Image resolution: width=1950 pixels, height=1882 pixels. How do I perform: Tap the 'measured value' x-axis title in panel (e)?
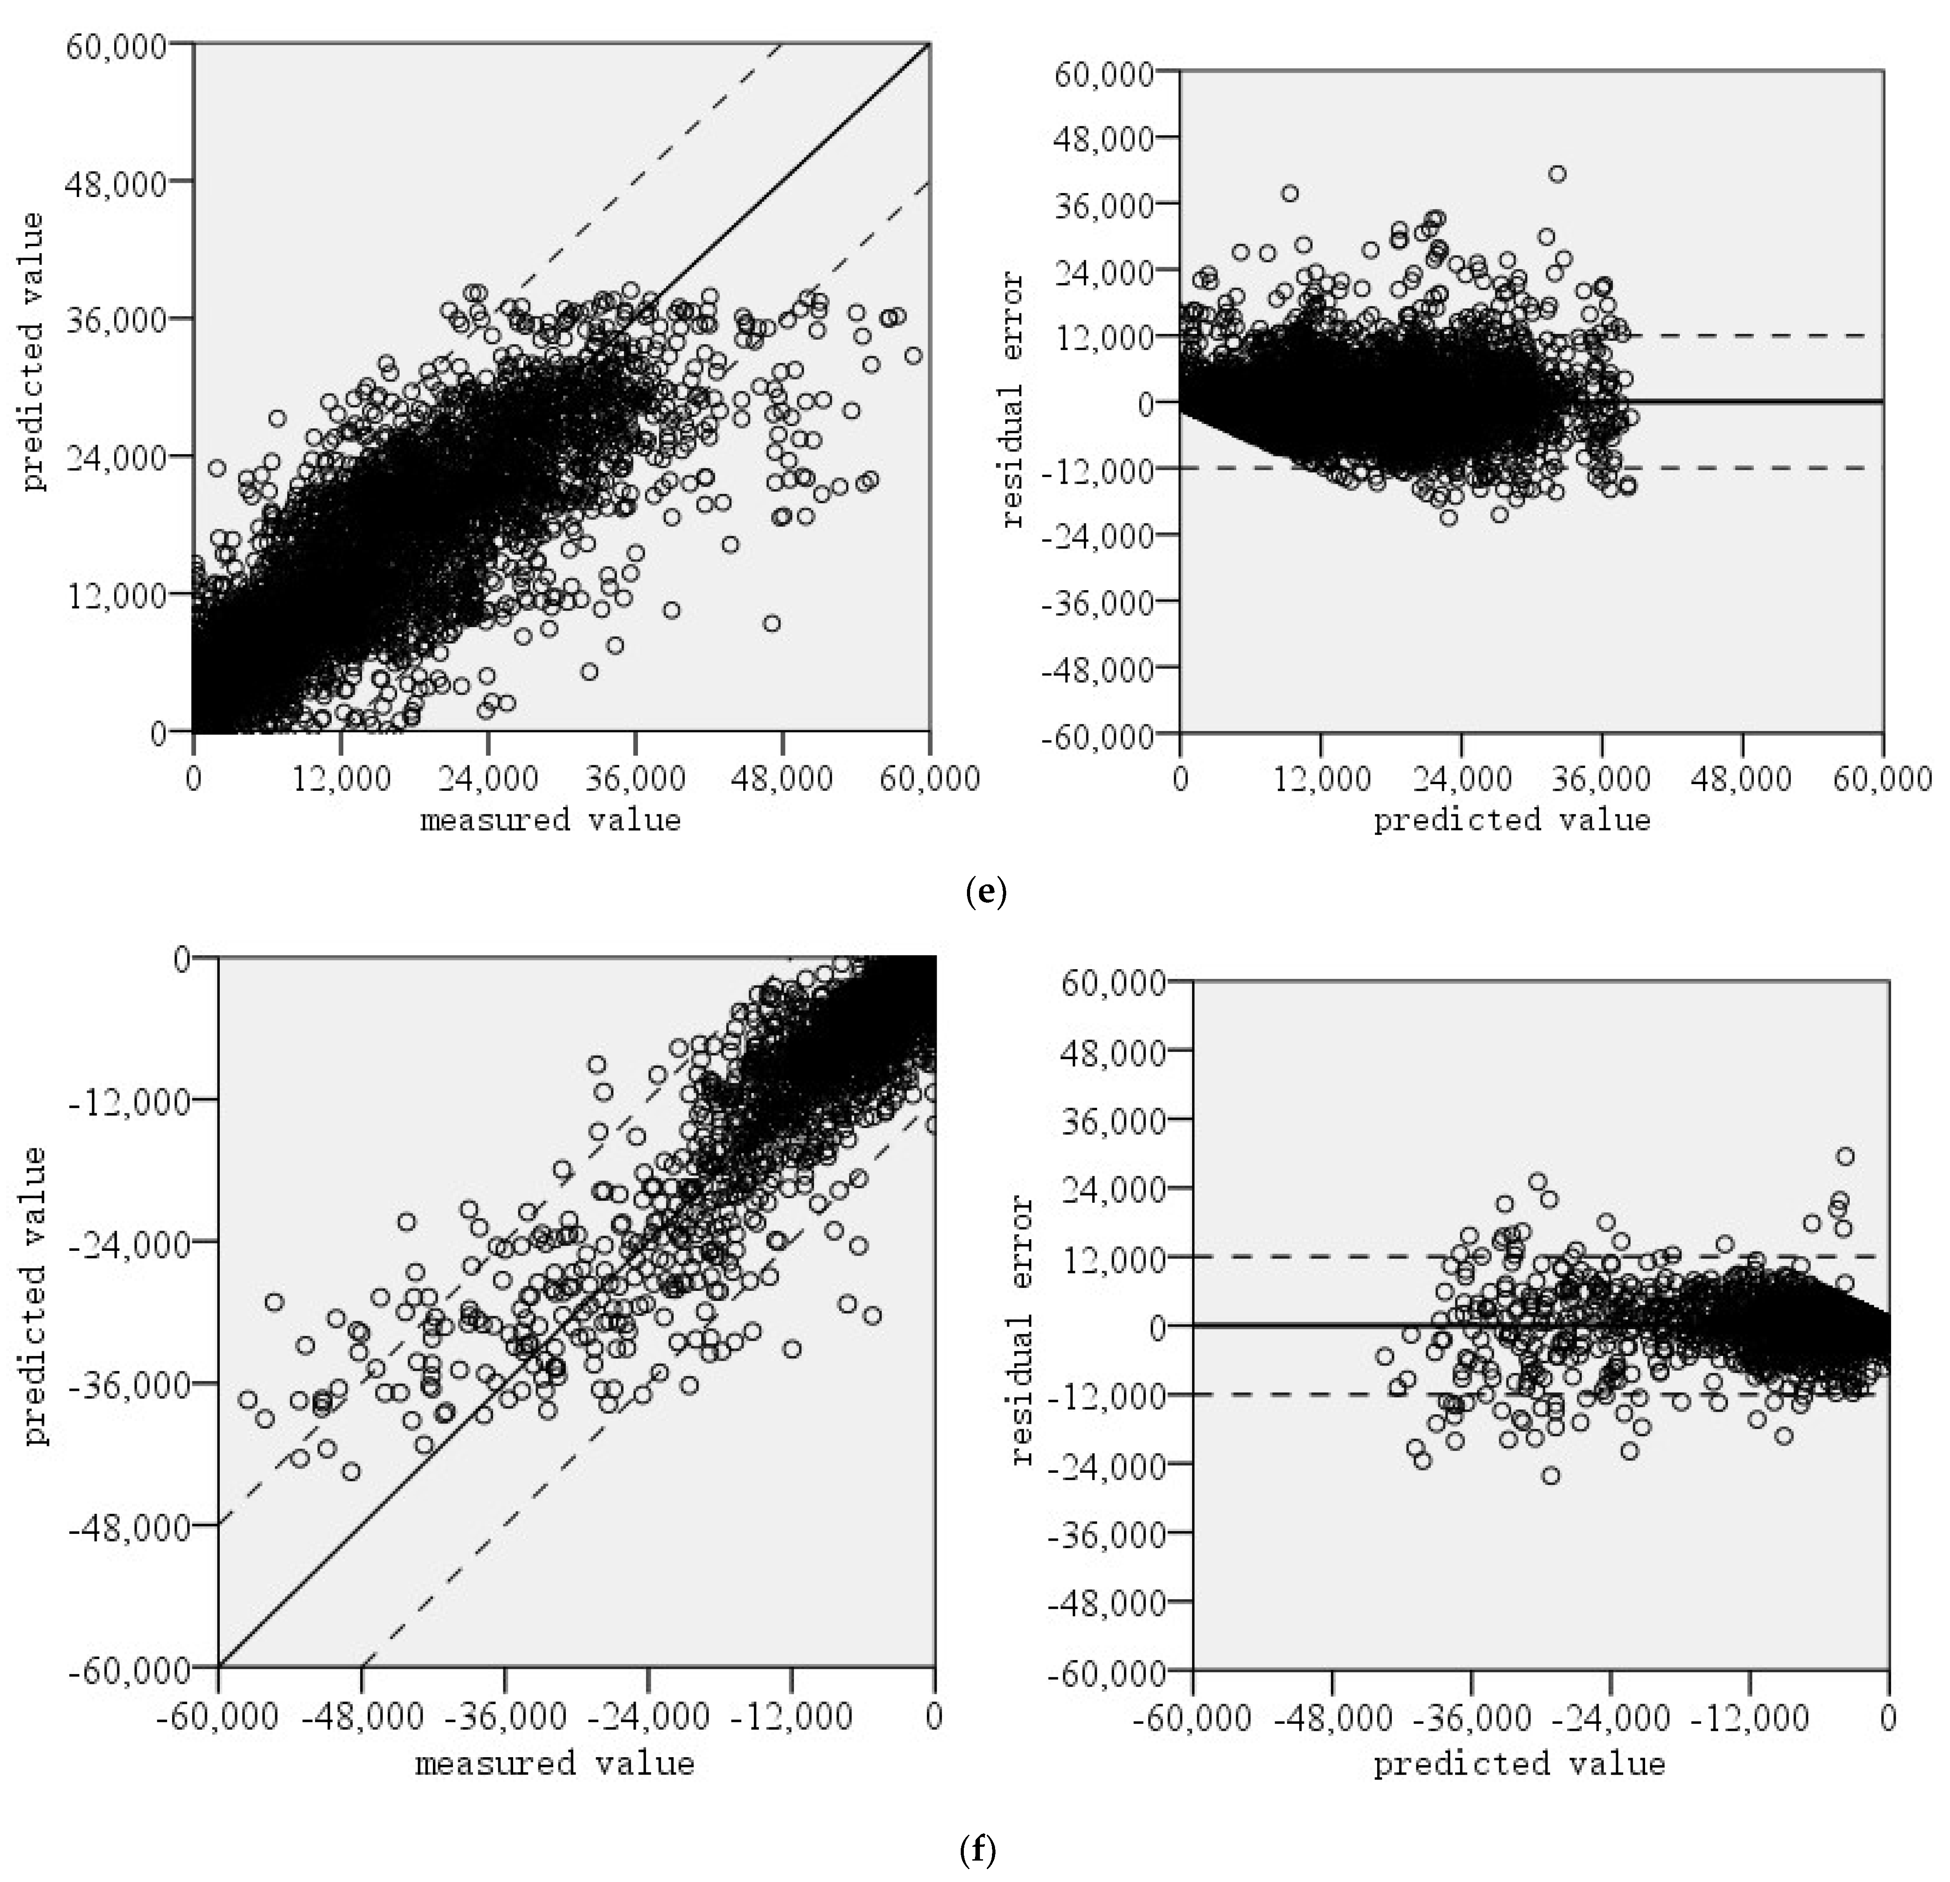pos(550,821)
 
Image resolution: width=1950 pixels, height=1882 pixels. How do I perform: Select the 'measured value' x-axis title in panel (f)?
pos(554,1763)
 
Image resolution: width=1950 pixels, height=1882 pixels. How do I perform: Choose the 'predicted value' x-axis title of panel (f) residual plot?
pos(1519,1763)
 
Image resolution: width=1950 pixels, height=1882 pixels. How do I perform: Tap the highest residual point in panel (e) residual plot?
pos(1557,174)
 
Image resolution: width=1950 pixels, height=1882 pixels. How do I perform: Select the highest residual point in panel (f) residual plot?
pos(1846,1156)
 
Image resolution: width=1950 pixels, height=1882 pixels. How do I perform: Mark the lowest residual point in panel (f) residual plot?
pos(1550,1475)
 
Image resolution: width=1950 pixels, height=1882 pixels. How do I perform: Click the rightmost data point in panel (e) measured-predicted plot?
pos(913,355)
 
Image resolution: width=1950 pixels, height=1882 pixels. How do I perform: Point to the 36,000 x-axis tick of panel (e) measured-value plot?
pos(635,778)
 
